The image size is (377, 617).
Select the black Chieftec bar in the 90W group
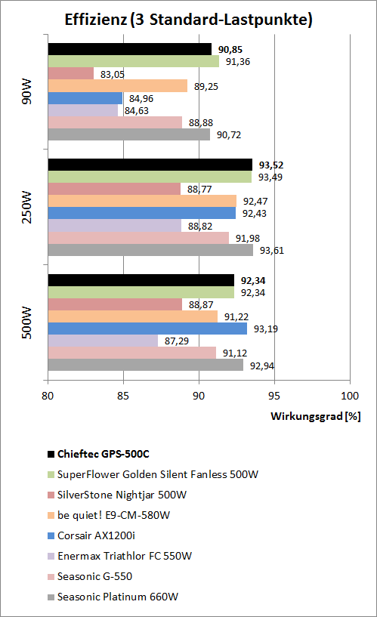tap(129, 49)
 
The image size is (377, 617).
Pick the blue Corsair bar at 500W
tap(147, 329)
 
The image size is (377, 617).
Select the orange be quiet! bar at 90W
tap(117, 86)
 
